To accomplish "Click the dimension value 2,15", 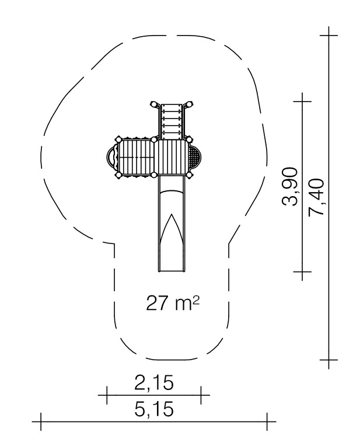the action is point(154,383).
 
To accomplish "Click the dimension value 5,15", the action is point(154,410).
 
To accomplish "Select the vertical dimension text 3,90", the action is point(290,187).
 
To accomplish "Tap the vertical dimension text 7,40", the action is point(316,197).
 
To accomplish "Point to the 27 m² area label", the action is point(173,303).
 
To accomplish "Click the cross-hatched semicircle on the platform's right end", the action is point(195,157).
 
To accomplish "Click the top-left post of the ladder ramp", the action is point(154,104).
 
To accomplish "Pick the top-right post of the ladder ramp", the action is point(189,104).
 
